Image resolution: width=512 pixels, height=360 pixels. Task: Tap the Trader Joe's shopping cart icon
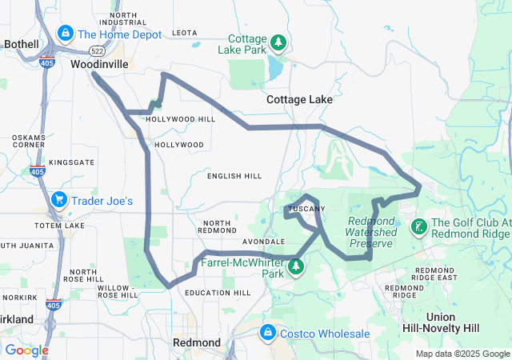pyautogui.click(x=58, y=200)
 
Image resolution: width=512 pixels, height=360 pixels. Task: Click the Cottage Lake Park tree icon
pyautogui.click(x=278, y=42)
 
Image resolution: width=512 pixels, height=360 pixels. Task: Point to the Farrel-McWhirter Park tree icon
pyautogui.click(x=297, y=266)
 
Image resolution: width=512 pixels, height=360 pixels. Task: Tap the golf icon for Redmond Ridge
pyautogui.click(x=418, y=227)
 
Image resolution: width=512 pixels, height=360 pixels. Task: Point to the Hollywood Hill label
pyautogui.click(x=169, y=119)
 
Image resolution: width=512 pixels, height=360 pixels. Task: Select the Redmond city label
pyautogui.click(x=197, y=342)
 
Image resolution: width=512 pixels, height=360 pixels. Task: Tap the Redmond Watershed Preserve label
pyautogui.click(x=373, y=231)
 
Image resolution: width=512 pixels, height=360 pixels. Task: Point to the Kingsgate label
pyautogui.click(x=72, y=162)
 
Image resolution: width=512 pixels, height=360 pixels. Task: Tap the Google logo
pyautogui.click(x=26, y=350)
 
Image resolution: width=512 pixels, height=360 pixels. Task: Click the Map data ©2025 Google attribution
pyautogui.click(x=462, y=354)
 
